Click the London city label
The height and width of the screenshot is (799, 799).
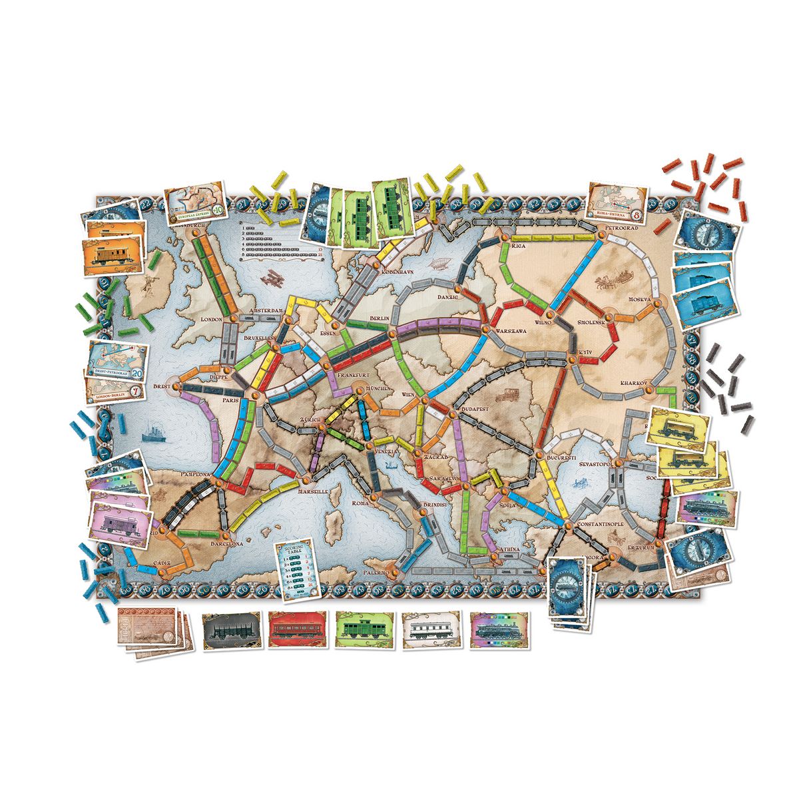[x=211, y=320]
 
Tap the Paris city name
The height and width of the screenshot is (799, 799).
[x=230, y=401]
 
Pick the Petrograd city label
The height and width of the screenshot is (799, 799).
[x=623, y=228]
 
